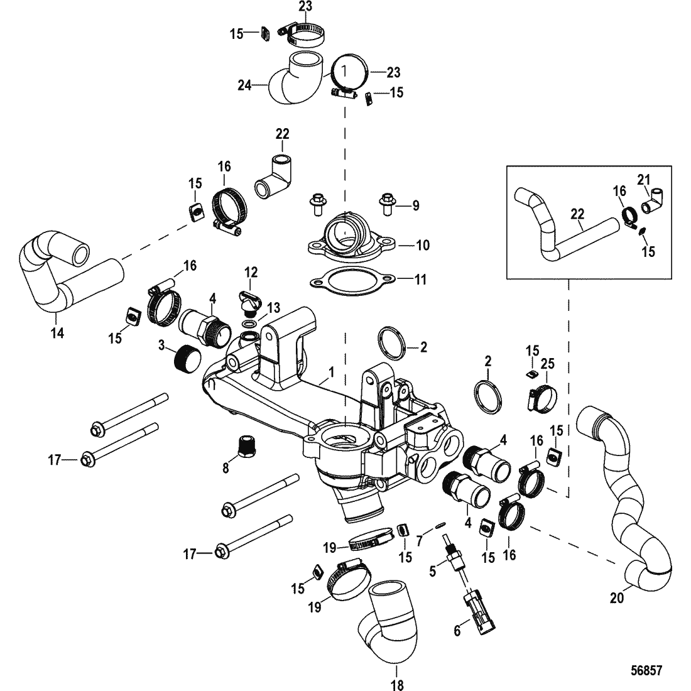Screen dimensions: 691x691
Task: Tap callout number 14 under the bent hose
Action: point(57,334)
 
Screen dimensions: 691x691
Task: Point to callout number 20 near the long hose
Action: point(618,599)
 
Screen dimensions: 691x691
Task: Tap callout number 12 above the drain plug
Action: point(251,272)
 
